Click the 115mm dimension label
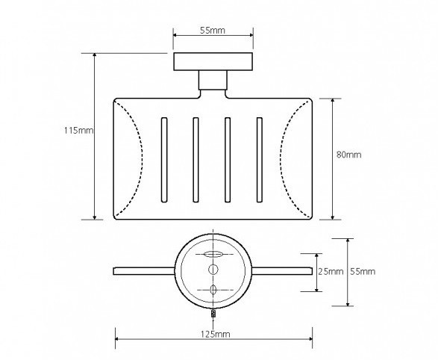coord(79,131)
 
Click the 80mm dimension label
coord(348,155)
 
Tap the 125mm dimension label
coord(216,334)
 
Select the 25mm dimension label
coord(331,271)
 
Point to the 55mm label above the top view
coord(213,30)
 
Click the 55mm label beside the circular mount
coord(363,271)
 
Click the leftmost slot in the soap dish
coord(164,160)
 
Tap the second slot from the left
coord(195,160)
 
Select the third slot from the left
coord(228,160)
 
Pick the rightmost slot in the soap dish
coord(260,160)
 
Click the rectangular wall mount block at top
coord(213,61)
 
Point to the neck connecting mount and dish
coord(213,80)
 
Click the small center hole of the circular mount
coord(213,270)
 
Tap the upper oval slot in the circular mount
coord(213,255)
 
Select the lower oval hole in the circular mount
coord(213,290)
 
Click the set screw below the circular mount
coord(213,314)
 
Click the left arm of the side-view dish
coord(144,271)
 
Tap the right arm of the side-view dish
coord(282,271)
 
